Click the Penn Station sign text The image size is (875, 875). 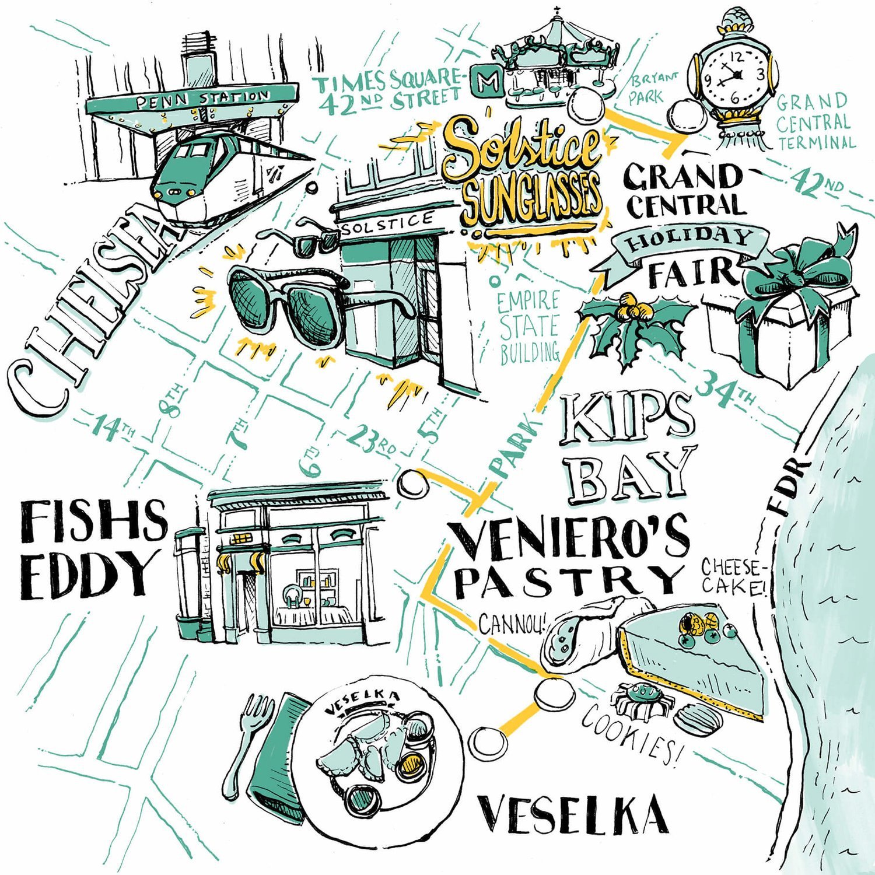(202, 100)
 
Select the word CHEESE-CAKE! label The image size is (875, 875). (733, 576)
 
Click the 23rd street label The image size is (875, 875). (371, 441)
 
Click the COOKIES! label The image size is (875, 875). (631, 733)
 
